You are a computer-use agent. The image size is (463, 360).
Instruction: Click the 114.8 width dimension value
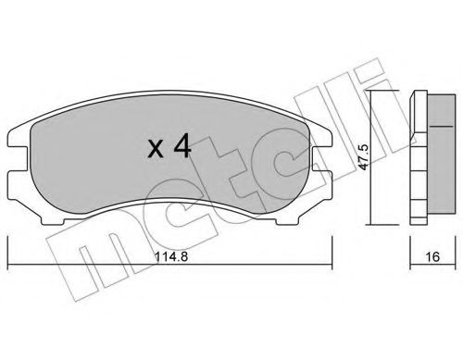[x=171, y=256]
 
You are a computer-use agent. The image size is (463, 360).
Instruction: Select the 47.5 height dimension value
[x=364, y=156]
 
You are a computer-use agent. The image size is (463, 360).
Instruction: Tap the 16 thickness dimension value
[x=432, y=256]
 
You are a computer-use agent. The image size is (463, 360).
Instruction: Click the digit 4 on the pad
[x=182, y=146]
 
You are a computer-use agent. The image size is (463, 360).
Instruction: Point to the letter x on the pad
[x=156, y=149]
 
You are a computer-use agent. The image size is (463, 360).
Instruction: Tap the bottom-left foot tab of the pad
[x=53, y=221]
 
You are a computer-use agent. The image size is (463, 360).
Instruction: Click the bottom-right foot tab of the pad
[x=287, y=221]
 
